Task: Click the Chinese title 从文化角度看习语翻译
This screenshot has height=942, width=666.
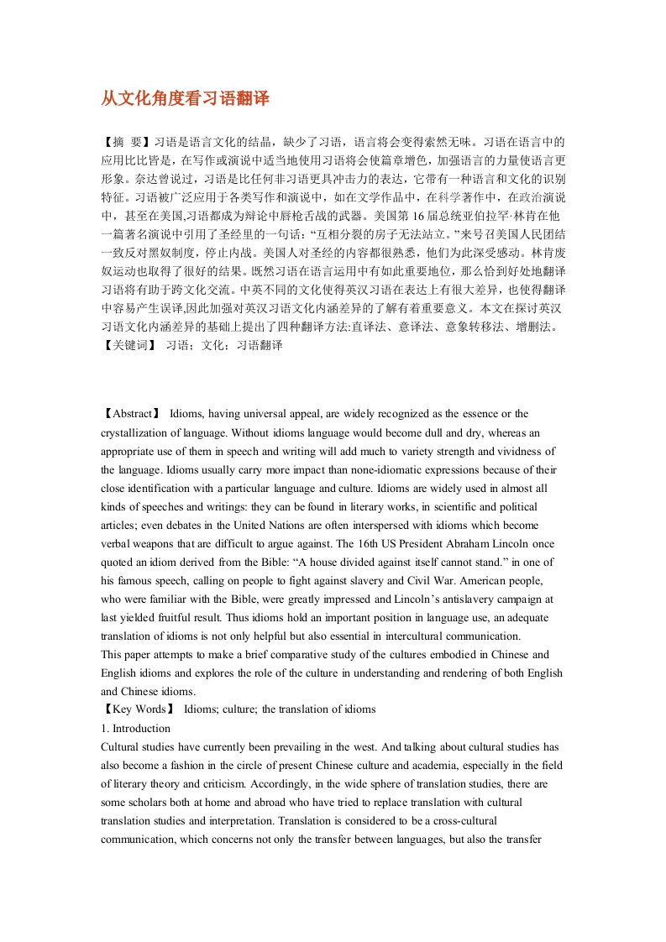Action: point(185,98)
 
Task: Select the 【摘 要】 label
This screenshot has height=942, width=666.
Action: point(126,142)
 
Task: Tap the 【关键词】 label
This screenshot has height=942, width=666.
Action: point(128,345)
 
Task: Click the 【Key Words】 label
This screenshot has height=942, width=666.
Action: point(138,709)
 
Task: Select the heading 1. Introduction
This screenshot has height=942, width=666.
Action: point(135,728)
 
